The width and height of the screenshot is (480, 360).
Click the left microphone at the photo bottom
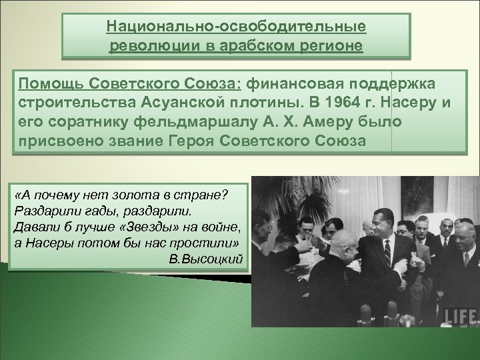pyautogui.click(x=365, y=313)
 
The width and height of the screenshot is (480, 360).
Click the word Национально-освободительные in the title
pyautogui.click(x=236, y=27)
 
